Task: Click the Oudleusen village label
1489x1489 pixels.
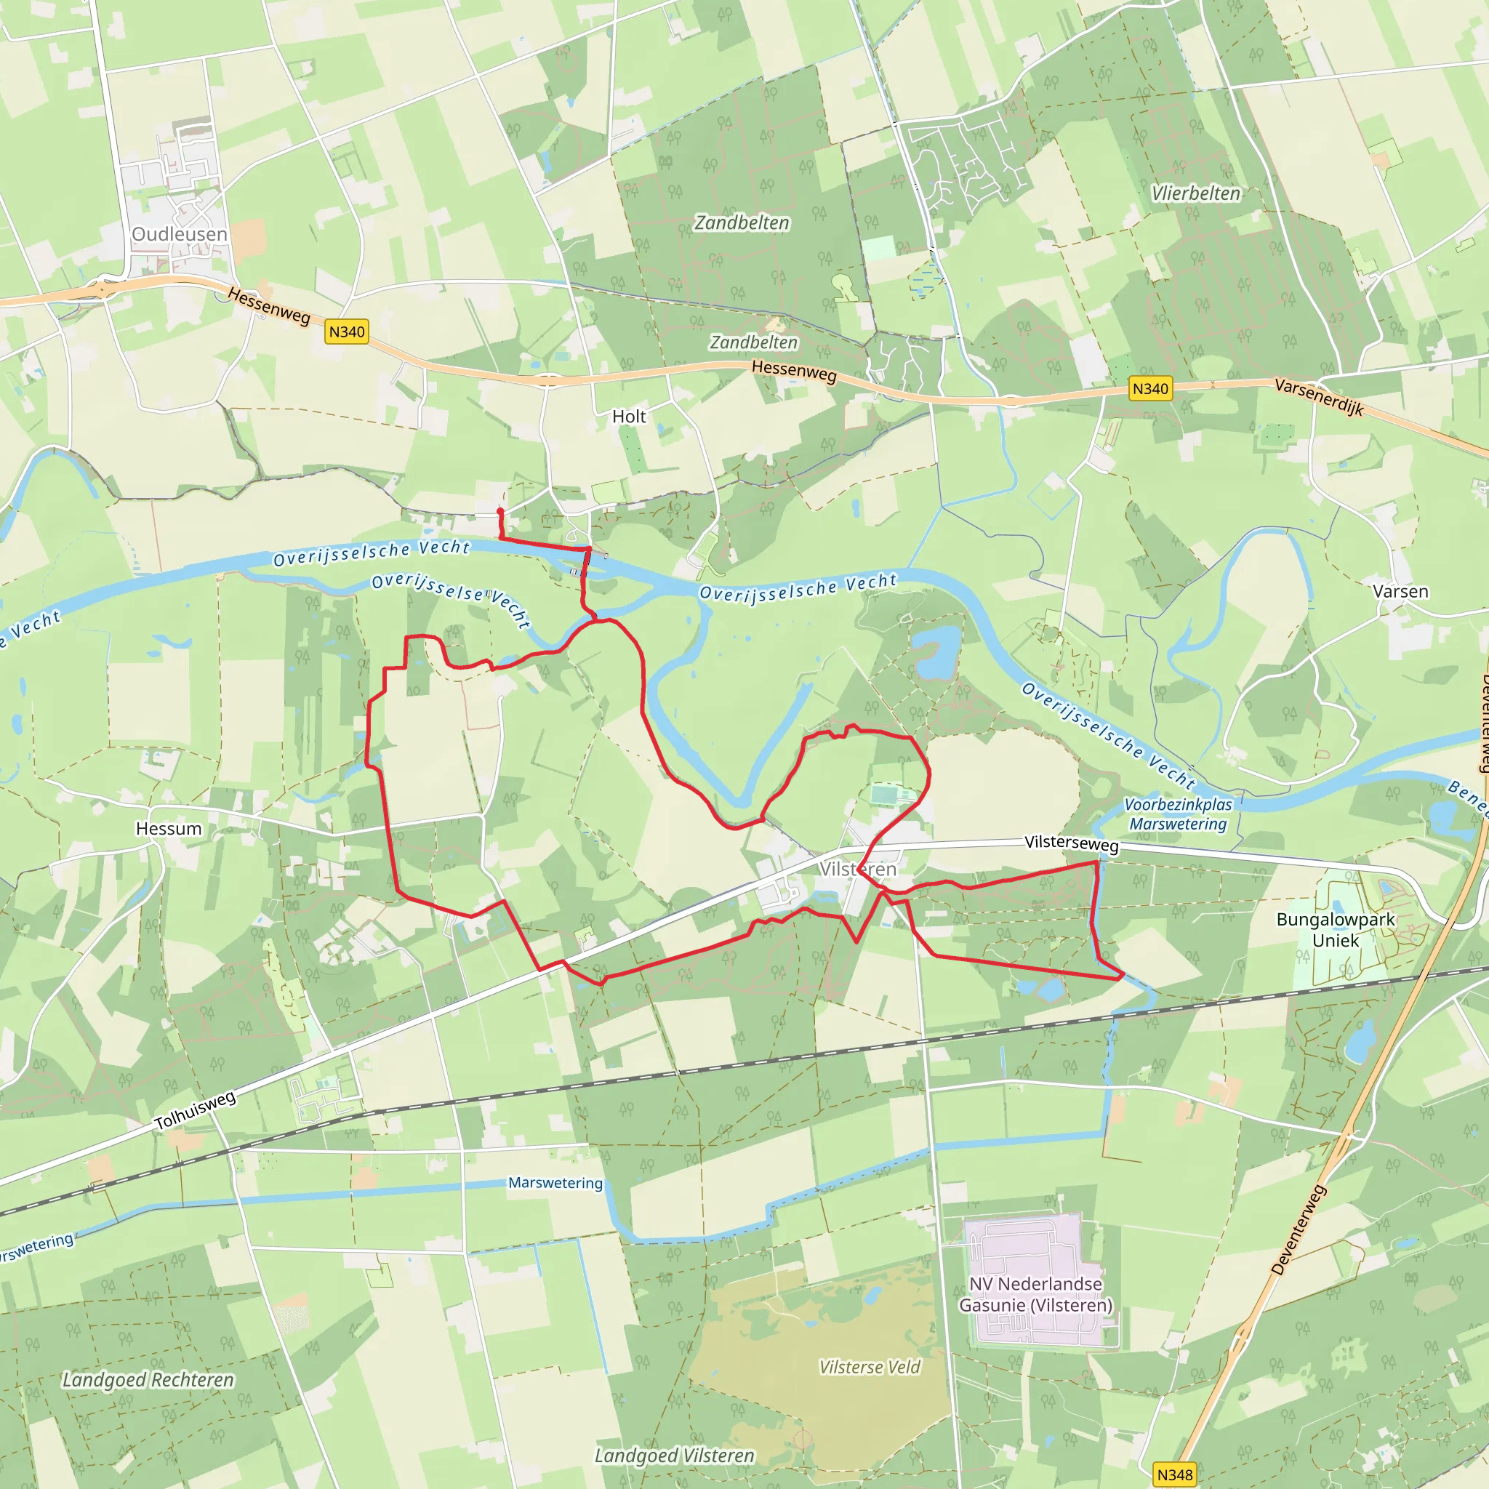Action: [180, 234]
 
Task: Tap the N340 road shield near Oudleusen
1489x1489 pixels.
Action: [347, 332]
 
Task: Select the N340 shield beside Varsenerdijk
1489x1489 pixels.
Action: [1150, 388]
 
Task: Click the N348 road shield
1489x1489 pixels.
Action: [1175, 1474]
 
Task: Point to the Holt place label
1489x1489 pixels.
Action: [629, 417]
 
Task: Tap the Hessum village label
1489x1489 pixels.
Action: [169, 829]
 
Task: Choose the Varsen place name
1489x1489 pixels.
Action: [1400, 592]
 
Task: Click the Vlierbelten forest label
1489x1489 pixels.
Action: [1196, 193]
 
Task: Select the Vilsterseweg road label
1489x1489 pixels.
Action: [1071, 843]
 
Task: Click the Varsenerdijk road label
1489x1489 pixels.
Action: [1320, 397]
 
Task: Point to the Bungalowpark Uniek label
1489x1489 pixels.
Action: [1336, 929]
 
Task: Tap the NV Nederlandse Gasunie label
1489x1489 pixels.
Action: [1035, 1294]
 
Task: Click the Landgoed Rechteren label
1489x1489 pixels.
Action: [148, 1379]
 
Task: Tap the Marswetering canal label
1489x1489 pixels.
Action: [555, 1183]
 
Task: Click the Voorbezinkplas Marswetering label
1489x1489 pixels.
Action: [1178, 814]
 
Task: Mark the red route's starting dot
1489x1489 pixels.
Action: [500, 511]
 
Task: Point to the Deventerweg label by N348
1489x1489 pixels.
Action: [1299, 1230]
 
